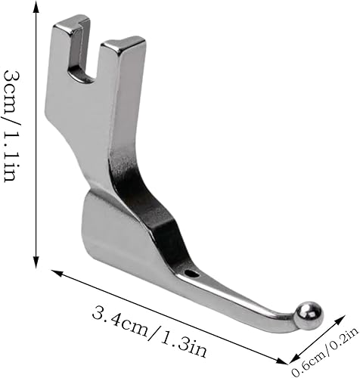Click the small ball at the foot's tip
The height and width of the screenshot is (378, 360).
pyautogui.click(x=309, y=316)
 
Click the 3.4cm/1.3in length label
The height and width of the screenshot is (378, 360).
pyautogui.click(x=150, y=329)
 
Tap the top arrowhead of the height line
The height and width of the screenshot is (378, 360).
pyautogui.click(x=36, y=6)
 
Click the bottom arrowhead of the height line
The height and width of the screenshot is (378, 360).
pyautogui.click(x=36, y=262)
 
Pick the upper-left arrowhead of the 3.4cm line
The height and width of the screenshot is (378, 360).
pyautogui.click(x=57, y=273)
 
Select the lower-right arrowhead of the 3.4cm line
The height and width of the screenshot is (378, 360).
pyautogui.click(x=282, y=359)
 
